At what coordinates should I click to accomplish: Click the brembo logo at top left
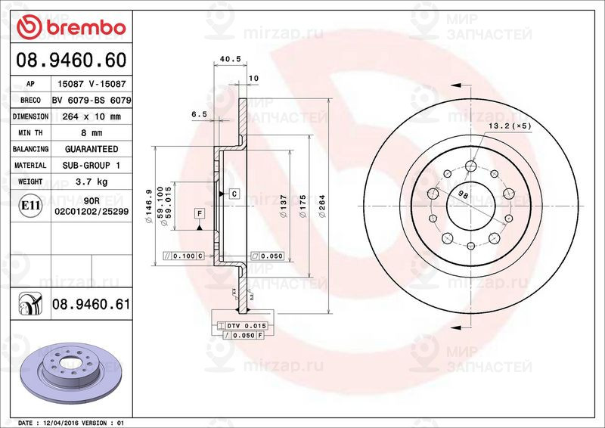71,27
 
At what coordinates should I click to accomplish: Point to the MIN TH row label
31,133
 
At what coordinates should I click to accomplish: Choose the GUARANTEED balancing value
92,149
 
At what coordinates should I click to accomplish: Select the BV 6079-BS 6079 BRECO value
92,101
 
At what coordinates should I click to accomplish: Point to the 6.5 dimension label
199,113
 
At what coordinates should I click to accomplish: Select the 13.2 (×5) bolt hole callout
510,125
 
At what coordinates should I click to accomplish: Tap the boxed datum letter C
234,194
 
